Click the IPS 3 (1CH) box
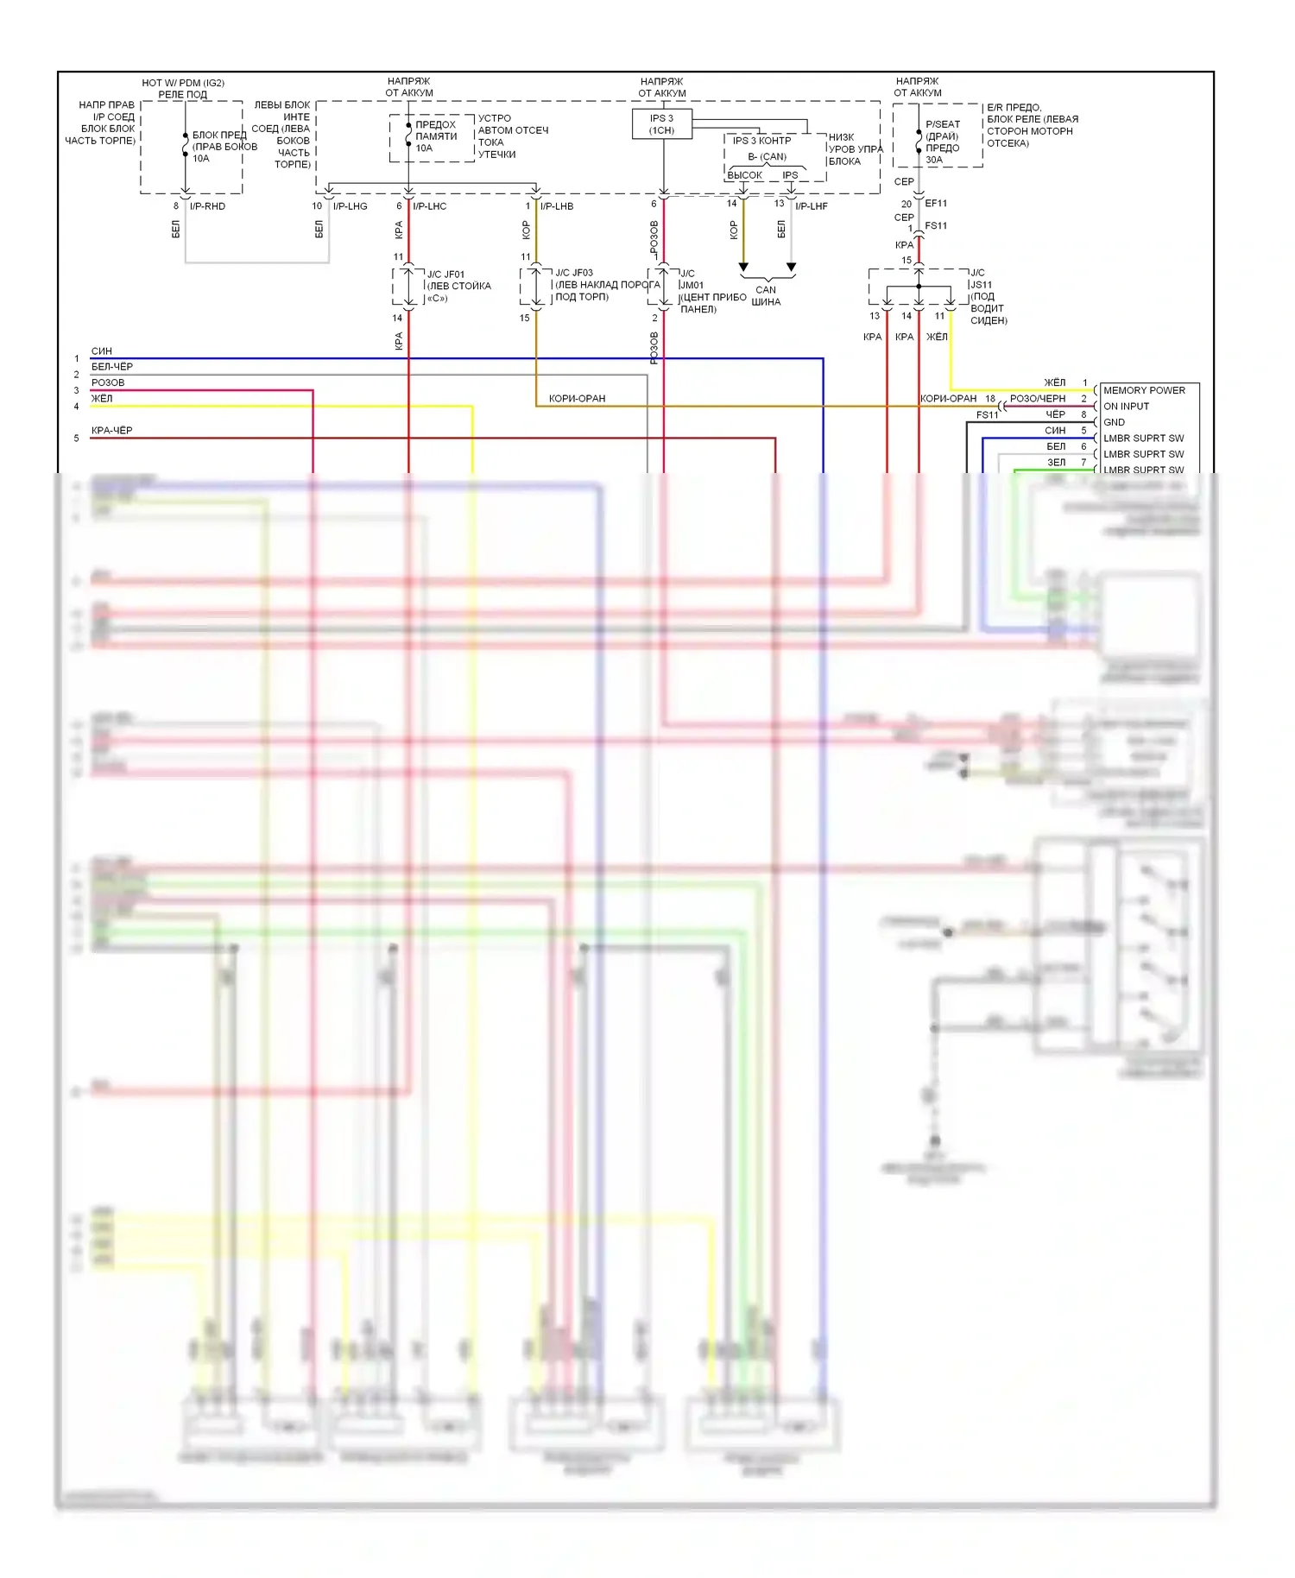661,124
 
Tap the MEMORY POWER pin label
1143,390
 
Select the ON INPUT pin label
1126,406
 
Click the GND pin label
1114,422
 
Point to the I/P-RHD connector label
207,206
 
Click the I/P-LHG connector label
350,206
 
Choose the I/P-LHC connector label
429,206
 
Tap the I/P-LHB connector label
556,206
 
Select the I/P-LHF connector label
811,206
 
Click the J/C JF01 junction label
445,275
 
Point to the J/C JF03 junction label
573,273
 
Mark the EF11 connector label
936,204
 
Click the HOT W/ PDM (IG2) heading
183,83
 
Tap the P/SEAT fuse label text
942,124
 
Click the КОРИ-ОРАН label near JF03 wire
577,399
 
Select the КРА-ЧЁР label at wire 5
111,430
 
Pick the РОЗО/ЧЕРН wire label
1037,399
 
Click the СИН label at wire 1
101,351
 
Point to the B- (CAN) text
767,157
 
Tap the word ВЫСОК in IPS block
744,175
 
